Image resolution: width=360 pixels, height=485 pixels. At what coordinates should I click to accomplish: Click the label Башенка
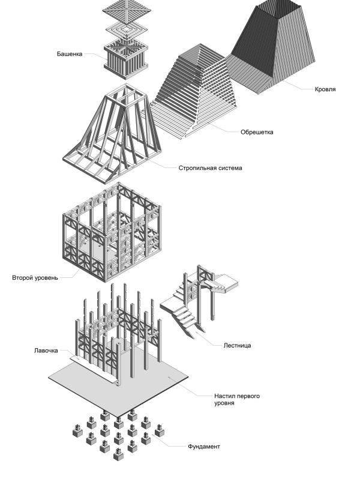click(x=70, y=54)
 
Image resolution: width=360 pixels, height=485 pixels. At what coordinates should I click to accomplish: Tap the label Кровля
click(x=325, y=89)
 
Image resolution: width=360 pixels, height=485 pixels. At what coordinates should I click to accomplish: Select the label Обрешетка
click(x=256, y=132)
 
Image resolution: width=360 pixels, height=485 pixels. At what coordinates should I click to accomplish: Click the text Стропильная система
click(x=210, y=168)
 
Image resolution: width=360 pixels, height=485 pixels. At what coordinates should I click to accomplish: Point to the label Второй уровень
click(x=35, y=278)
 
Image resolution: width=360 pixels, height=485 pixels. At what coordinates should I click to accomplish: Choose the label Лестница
click(x=236, y=345)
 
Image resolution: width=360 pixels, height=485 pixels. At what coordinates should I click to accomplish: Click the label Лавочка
click(x=46, y=350)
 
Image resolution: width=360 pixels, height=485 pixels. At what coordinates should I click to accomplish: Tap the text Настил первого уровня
click(x=237, y=399)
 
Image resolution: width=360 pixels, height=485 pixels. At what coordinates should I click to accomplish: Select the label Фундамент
click(x=203, y=447)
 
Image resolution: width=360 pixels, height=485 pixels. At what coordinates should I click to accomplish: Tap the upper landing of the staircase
click(x=225, y=283)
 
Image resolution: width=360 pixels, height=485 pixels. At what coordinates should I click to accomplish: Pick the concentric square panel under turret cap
click(x=125, y=30)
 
